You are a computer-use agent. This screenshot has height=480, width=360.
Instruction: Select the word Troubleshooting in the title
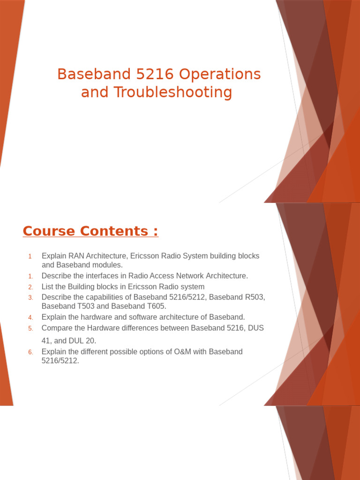(x=173, y=92)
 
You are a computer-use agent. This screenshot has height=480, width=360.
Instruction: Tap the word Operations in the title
(x=220, y=75)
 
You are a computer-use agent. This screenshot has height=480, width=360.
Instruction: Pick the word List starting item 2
(x=47, y=287)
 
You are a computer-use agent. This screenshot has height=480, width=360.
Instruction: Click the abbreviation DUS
(x=255, y=328)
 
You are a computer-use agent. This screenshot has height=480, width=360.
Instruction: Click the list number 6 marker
(x=30, y=352)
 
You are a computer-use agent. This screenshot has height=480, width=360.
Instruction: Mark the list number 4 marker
(x=30, y=317)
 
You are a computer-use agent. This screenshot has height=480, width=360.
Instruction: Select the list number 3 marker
(x=30, y=298)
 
